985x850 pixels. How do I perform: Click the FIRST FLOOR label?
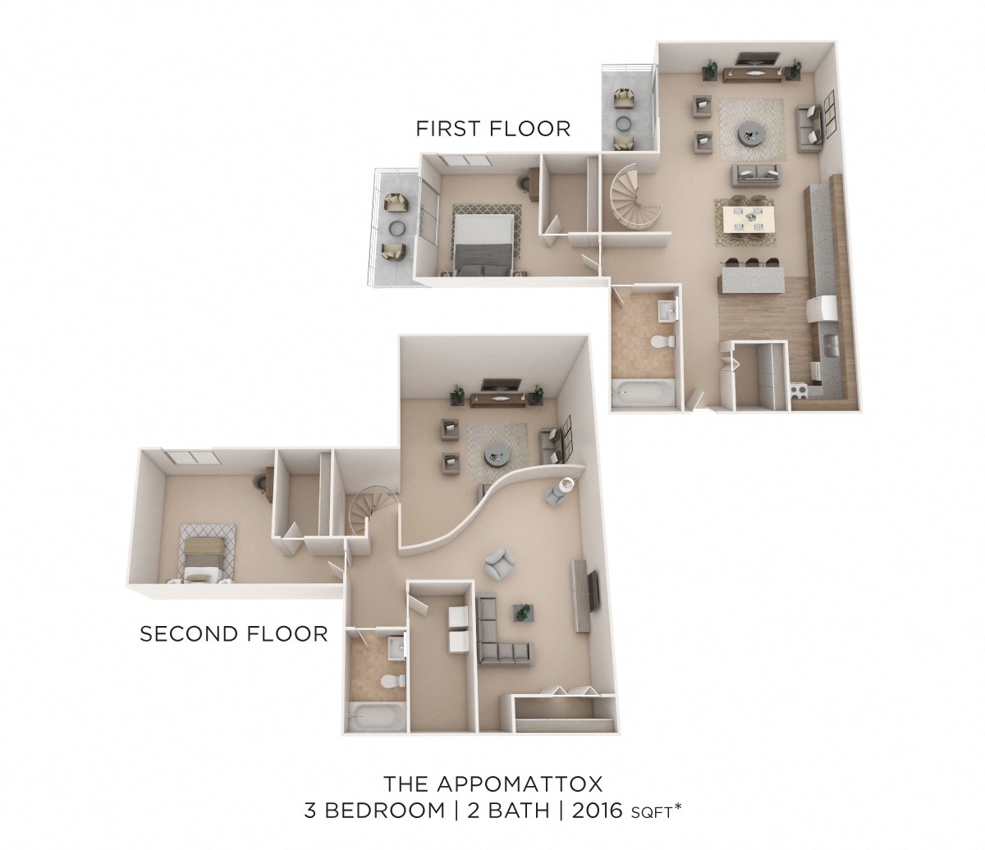click(492, 129)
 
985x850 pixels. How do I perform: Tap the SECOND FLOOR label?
click(234, 633)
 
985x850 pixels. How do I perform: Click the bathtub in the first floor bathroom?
click(643, 394)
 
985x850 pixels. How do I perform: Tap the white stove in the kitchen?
click(821, 310)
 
